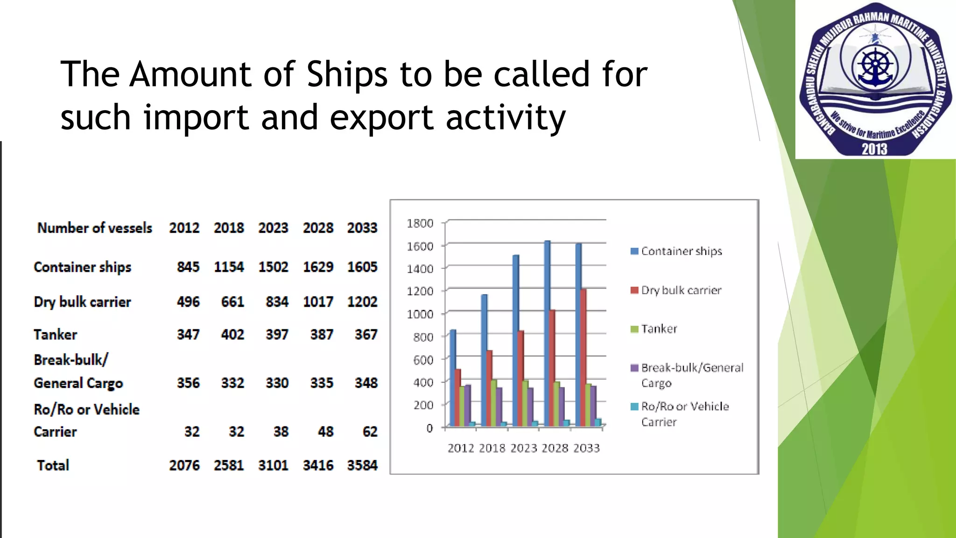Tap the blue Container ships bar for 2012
453,378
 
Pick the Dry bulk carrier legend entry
681,290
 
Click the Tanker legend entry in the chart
659,329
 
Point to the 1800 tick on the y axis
420,223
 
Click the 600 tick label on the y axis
423,360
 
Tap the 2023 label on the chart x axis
524,448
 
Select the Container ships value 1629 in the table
318,267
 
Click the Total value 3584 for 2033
362,465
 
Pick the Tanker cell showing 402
232,334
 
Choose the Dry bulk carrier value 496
188,302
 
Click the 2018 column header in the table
229,228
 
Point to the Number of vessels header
95,228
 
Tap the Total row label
53,465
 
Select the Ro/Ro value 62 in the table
370,432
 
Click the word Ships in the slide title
347,75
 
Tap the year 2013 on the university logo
874,149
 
